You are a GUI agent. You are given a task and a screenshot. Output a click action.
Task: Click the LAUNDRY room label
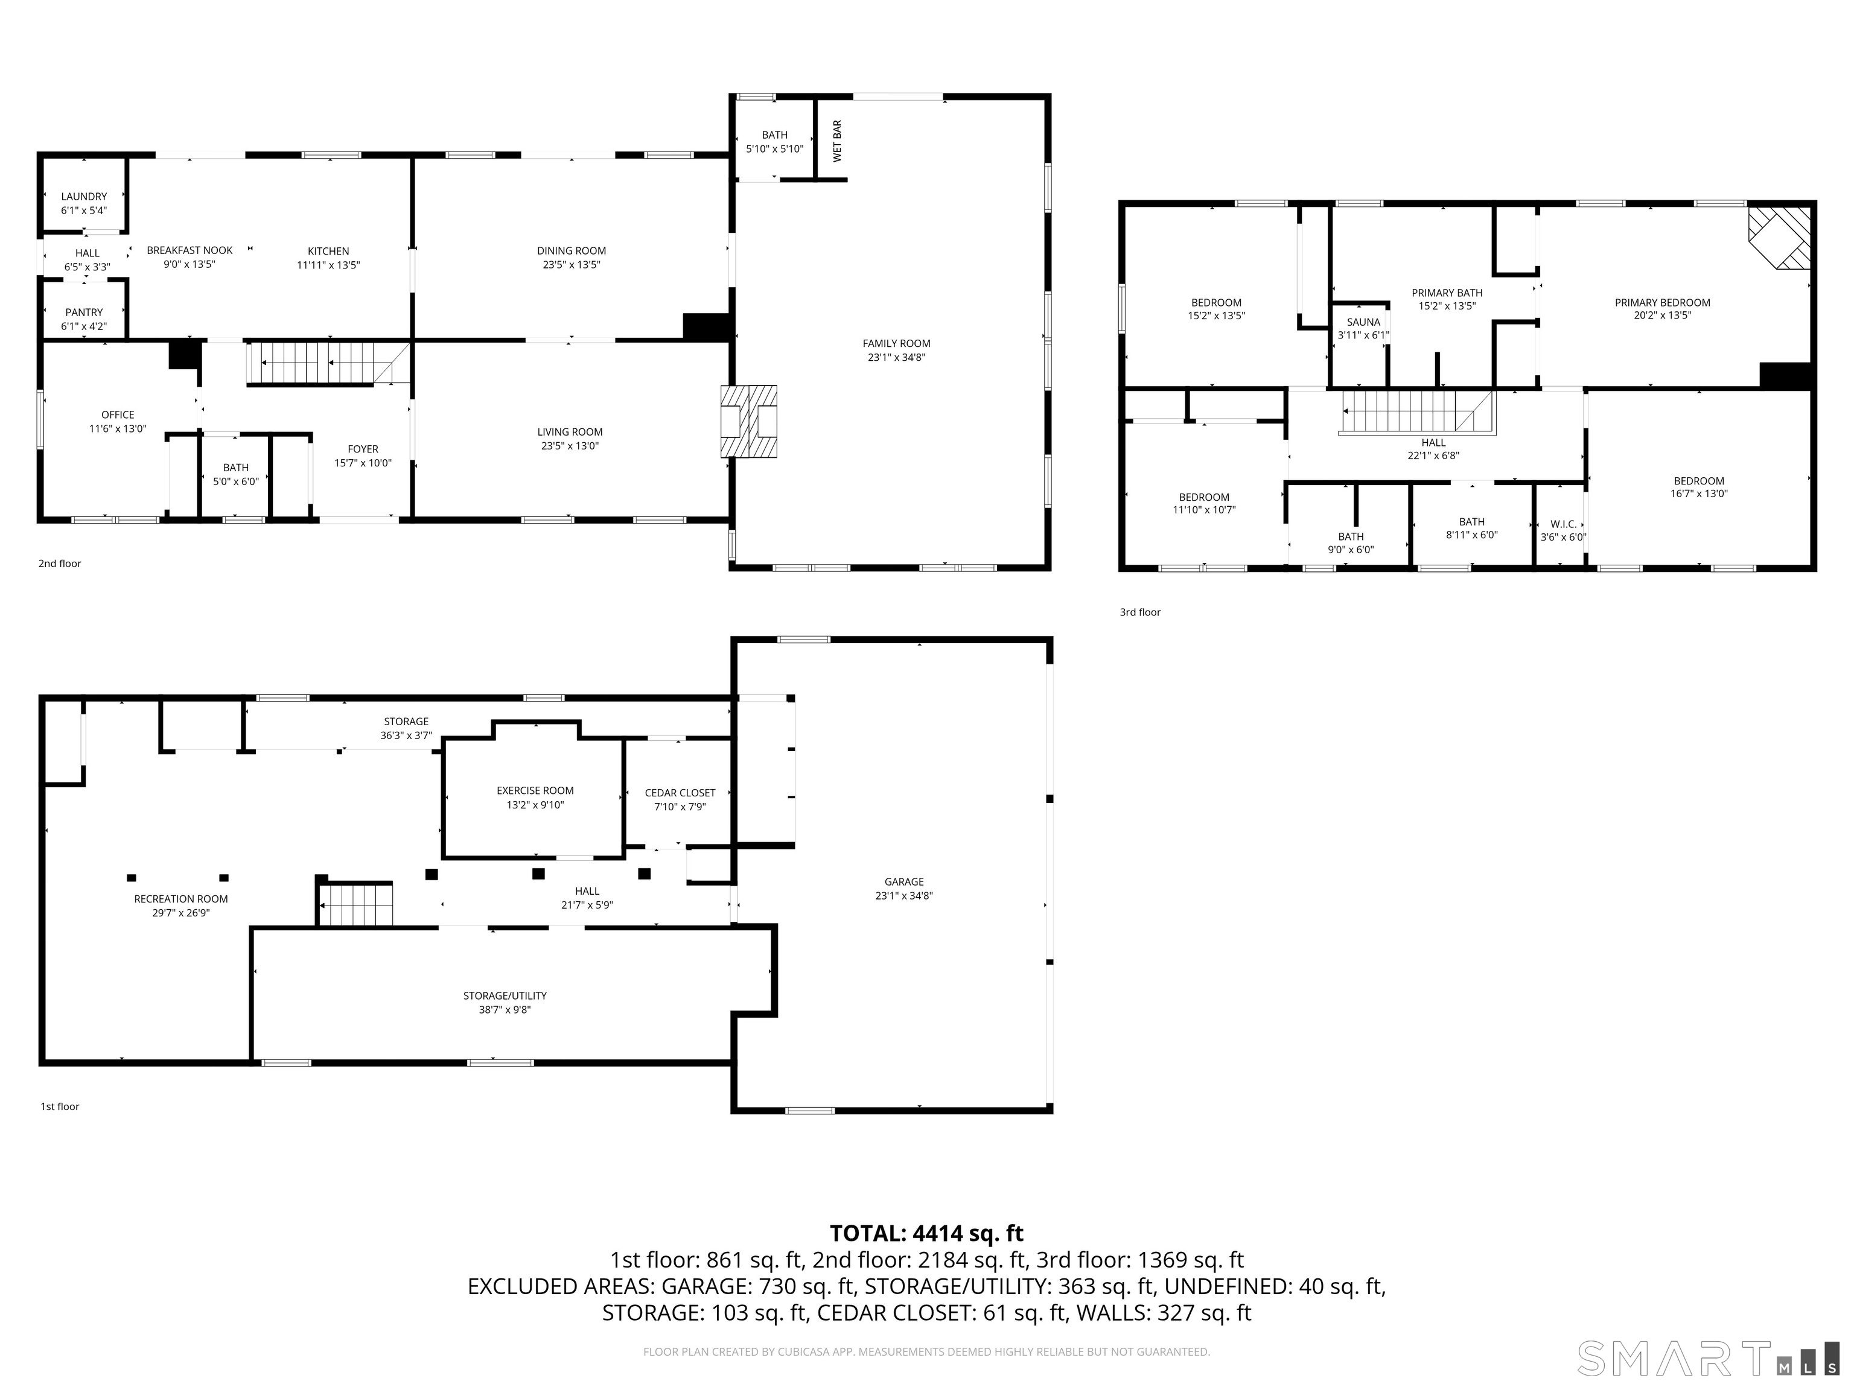[x=84, y=197]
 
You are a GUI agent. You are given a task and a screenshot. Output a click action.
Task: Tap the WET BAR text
[x=837, y=141]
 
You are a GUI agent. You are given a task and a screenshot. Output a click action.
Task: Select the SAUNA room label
[x=1363, y=322]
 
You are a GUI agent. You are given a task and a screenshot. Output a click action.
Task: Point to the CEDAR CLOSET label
[x=680, y=793]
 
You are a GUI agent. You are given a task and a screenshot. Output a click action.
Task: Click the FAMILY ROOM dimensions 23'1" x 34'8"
[x=896, y=358]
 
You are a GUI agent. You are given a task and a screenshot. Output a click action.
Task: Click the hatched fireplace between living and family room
[x=748, y=422]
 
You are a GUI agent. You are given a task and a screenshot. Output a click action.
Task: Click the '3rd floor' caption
[x=1140, y=612]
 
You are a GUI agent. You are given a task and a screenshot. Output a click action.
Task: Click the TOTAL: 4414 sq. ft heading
[x=926, y=1233]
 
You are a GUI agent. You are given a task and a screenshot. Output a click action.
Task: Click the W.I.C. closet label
[x=1563, y=524]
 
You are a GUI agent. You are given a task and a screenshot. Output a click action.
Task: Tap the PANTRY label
[x=84, y=313]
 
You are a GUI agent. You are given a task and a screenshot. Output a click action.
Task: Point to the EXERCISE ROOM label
[x=535, y=791]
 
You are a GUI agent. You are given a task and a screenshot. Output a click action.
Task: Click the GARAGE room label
[x=903, y=881]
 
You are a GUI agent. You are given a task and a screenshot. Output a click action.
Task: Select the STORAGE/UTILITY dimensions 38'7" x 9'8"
[x=505, y=1009]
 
